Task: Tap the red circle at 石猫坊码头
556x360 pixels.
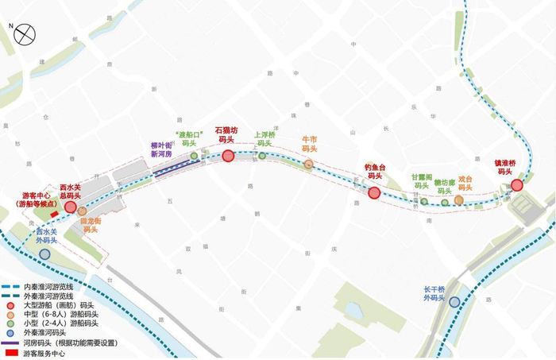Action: pos(228,156)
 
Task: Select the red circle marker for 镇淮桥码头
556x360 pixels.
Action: pos(516,185)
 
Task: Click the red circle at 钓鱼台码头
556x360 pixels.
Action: pos(374,193)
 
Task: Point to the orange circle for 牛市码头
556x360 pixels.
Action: pos(308,165)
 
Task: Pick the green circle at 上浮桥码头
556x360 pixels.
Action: pos(263,157)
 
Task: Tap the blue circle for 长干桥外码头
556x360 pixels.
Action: pos(454,301)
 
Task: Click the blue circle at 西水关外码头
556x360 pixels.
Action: pos(44,254)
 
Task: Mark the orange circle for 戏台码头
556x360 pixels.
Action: pos(459,199)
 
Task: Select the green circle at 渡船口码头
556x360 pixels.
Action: pos(193,156)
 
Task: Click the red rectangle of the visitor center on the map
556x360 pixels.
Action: pos(54,214)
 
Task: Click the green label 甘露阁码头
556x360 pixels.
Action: pos(421,182)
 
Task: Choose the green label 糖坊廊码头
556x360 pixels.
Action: pos(443,186)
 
